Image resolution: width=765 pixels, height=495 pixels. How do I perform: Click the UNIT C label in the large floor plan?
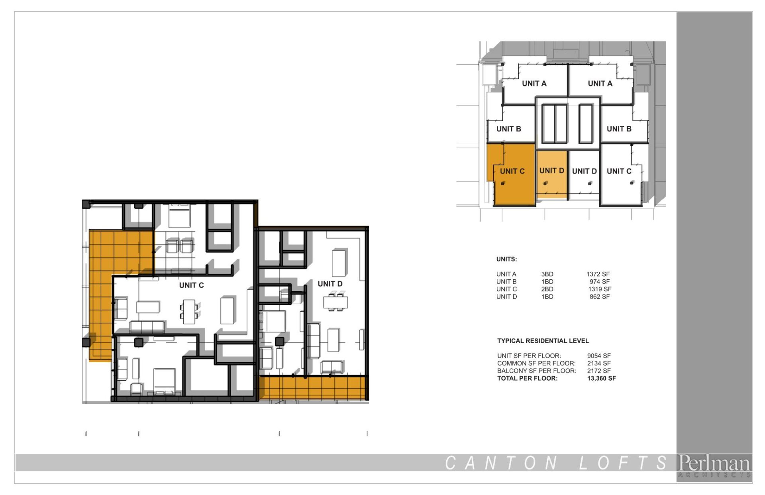point(191,285)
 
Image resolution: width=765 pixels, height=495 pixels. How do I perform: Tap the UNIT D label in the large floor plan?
point(330,284)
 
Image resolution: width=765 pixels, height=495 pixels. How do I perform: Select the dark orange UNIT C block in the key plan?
point(511,174)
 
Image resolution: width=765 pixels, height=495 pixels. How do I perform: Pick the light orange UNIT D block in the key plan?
point(552,174)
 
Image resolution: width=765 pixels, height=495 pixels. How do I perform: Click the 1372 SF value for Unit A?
point(598,274)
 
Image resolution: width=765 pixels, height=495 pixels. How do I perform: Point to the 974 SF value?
point(600,282)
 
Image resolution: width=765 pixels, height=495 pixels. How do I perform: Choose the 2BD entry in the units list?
point(547,289)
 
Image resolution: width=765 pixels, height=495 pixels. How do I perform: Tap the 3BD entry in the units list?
point(547,274)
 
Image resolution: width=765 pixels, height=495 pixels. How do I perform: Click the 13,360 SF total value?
point(601,379)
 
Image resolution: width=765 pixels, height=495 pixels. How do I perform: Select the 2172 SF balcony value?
point(599,371)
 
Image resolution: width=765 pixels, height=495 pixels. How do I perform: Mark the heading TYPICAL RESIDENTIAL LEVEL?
point(543,341)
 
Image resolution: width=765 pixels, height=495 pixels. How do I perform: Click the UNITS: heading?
point(506,259)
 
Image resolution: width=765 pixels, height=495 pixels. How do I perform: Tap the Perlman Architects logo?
point(714,466)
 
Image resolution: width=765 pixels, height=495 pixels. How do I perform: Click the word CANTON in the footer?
point(501,463)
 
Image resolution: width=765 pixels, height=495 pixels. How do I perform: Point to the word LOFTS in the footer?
point(623,463)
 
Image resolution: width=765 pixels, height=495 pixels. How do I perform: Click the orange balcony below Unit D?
point(312,388)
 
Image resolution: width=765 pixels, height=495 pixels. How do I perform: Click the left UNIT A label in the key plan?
point(534,84)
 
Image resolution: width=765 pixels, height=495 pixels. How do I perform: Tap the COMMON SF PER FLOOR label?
point(536,363)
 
